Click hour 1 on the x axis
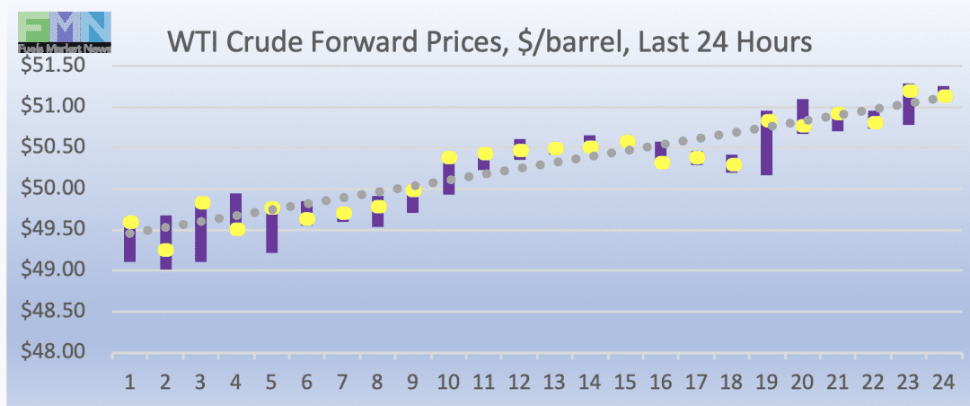click(x=130, y=383)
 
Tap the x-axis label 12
click(x=519, y=383)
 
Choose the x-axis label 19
click(x=767, y=383)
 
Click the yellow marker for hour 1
click(x=130, y=222)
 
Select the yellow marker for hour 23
click(x=910, y=91)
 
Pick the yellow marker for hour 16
click(x=662, y=163)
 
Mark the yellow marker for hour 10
click(x=449, y=157)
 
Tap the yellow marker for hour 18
click(x=733, y=164)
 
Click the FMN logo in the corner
click(x=64, y=28)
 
